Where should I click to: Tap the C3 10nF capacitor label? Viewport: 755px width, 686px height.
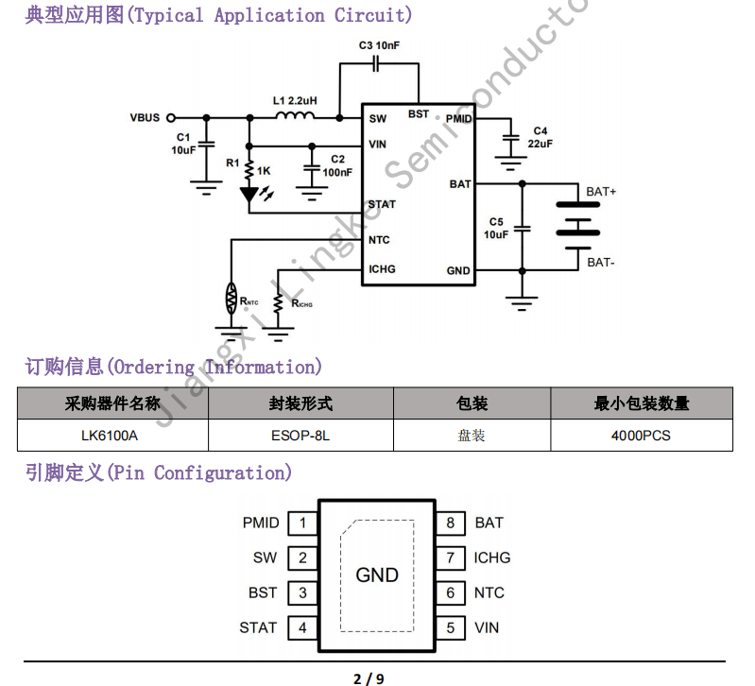coord(379,45)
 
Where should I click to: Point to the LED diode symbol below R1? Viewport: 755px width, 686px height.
coord(249,195)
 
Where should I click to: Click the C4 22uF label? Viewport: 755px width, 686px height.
coord(541,137)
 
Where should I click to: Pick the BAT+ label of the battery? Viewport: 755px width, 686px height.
coord(601,192)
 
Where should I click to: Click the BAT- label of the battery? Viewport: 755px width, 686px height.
coord(600,262)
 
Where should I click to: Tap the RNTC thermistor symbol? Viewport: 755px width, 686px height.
coord(231,299)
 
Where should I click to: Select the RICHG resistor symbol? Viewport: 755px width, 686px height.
coord(278,303)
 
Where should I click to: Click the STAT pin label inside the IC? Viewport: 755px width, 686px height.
coord(382,204)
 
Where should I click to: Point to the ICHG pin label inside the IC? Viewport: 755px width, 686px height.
coord(382,269)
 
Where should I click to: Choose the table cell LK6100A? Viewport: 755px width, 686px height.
coord(110,436)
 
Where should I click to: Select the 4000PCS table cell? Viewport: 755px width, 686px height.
coord(641,436)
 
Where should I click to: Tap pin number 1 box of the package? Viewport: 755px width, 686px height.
coord(302,523)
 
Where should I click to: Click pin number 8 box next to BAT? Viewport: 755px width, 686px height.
coord(451,523)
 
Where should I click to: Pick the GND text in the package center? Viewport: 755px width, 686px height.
coord(377,575)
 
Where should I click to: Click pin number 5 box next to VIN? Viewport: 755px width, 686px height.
coord(451,627)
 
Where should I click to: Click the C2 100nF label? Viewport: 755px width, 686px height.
coord(337,165)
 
